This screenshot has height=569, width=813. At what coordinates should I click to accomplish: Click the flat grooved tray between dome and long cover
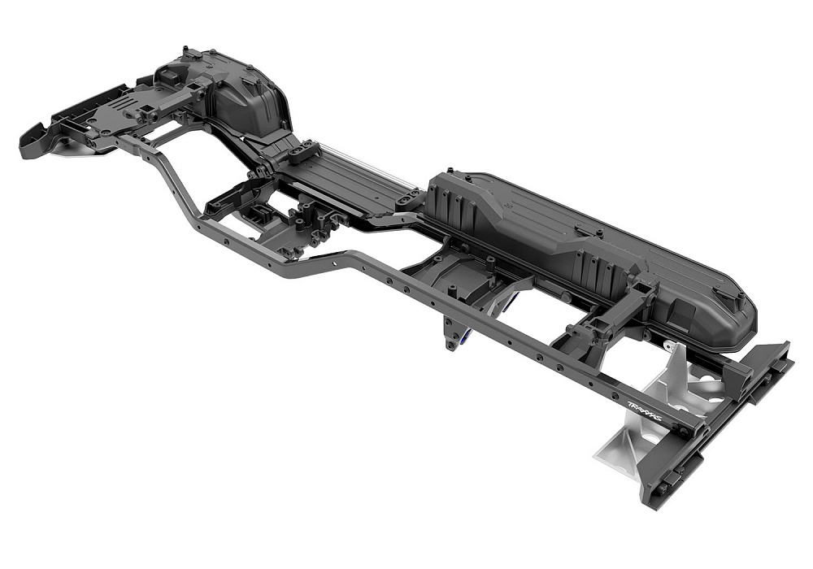[350, 183]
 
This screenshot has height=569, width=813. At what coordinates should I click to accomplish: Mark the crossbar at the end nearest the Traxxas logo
[715, 423]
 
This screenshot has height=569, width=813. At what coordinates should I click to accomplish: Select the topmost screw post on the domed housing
[189, 52]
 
